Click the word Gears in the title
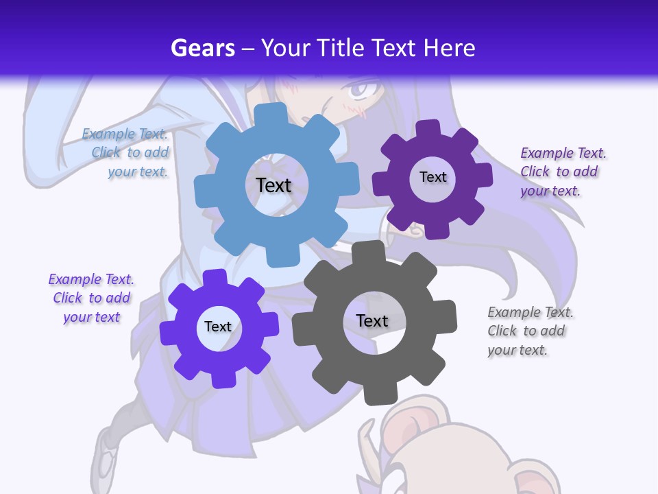click(x=202, y=48)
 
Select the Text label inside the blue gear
click(x=273, y=185)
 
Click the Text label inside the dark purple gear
click(x=432, y=177)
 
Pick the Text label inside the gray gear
click(x=372, y=320)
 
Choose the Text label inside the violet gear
click(x=218, y=327)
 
